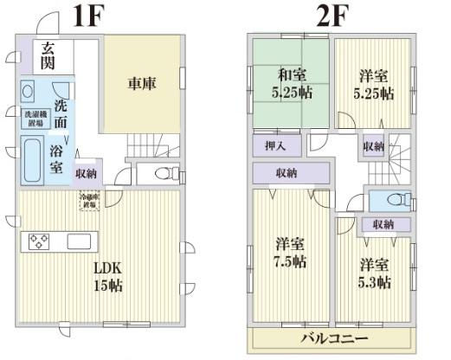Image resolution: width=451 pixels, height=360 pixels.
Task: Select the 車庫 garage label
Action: tap(143, 85)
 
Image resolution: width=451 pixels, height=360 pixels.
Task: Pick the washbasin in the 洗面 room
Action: tap(28, 90)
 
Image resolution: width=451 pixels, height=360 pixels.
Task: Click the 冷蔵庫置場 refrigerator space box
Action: tap(90, 202)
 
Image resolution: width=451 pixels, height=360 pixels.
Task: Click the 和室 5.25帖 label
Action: tap(288, 84)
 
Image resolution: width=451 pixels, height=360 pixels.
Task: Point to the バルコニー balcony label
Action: tap(335, 338)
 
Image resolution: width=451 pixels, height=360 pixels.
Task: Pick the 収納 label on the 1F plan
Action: tap(86, 174)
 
